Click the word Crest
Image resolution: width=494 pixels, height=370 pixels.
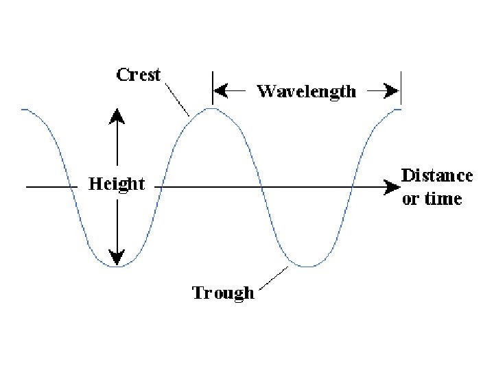pyautogui.click(x=138, y=75)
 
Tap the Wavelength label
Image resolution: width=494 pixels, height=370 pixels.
pyautogui.click(x=306, y=91)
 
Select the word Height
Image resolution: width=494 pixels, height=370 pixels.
pyautogui.click(x=117, y=184)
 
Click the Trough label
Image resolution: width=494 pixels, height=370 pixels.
pyautogui.click(x=223, y=293)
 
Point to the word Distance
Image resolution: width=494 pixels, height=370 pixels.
pyautogui.click(x=437, y=175)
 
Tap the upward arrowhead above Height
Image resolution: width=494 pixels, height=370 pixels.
pyautogui.click(x=117, y=114)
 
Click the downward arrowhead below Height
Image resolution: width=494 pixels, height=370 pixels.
pyautogui.click(x=117, y=258)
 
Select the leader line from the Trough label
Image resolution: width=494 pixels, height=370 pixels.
pyautogui.click(x=275, y=278)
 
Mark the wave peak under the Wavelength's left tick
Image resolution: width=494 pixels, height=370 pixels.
pyautogui.click(x=213, y=108)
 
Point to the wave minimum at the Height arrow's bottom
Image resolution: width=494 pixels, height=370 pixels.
pyautogui.click(x=117, y=266)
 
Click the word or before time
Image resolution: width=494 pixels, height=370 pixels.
pyautogui.click(x=410, y=199)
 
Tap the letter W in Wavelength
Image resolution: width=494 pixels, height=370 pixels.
pyautogui.click(x=265, y=91)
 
